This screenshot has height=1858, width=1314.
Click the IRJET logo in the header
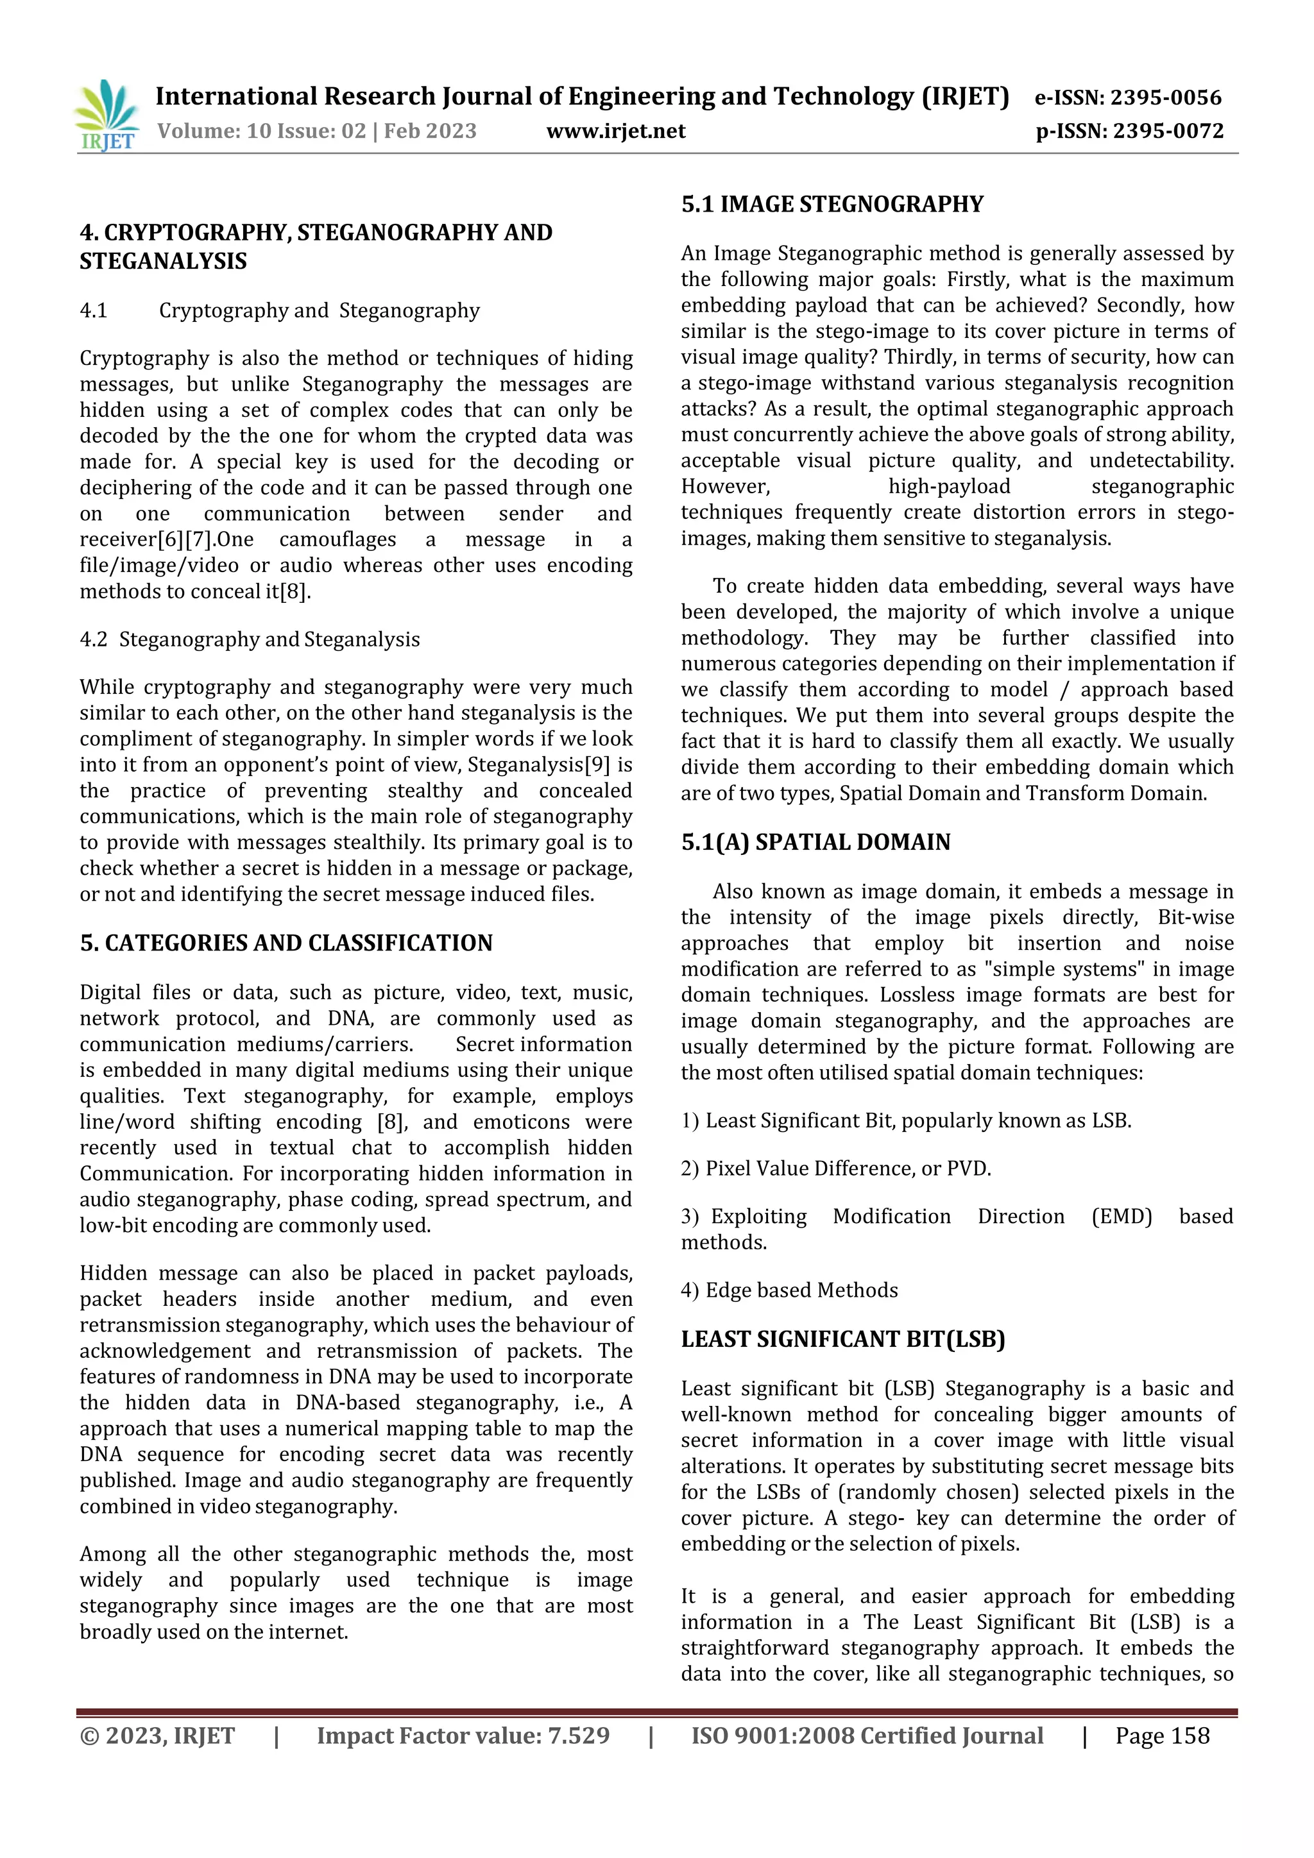point(106,115)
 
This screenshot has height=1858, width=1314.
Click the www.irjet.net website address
point(615,131)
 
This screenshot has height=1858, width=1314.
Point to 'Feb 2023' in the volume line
point(430,131)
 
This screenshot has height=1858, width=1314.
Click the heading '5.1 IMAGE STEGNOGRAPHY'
point(832,204)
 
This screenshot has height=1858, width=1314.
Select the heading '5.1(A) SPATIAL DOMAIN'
point(815,842)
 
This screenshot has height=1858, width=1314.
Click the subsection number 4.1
point(94,311)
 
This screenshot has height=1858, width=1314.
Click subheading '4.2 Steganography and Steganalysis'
point(250,639)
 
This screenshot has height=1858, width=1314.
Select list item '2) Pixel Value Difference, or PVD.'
point(835,1169)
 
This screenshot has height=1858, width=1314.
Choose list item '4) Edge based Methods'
point(789,1290)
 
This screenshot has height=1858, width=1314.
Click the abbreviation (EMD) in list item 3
point(1122,1216)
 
